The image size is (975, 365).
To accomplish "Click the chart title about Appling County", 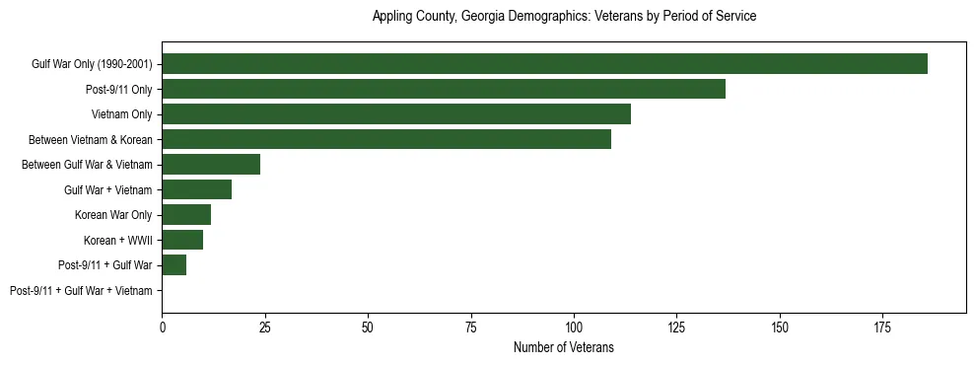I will (564, 17).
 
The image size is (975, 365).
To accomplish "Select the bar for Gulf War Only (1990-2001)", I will (544, 64).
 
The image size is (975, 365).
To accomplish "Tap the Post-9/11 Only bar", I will (444, 89).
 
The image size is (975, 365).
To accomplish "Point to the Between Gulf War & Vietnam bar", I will (211, 165).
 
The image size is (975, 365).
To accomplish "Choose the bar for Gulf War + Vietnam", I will (197, 189).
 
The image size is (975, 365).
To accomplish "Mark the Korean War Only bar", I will (186, 215).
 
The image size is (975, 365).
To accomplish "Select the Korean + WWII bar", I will (182, 240).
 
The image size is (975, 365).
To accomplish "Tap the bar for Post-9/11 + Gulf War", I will (174, 265).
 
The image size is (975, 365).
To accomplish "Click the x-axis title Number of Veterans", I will (564, 347).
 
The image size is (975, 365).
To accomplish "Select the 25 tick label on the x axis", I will (265, 326).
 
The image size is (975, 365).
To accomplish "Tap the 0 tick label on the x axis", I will (163, 326).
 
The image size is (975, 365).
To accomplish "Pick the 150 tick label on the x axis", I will (780, 326).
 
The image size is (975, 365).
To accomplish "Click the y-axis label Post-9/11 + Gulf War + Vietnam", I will (81, 291).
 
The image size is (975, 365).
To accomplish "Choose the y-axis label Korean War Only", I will (113, 215).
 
